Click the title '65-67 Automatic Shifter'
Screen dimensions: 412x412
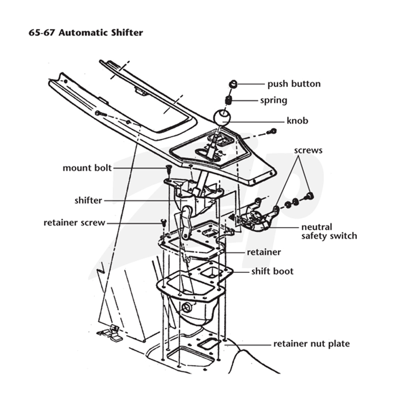point(85,33)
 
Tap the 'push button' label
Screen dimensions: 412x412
point(294,84)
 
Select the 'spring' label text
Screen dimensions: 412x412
point(273,100)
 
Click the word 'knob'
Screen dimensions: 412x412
point(297,121)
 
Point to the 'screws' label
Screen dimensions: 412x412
point(308,150)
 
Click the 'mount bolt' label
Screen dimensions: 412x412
point(87,168)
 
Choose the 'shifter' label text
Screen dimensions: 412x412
point(88,200)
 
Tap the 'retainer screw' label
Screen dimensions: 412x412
point(74,223)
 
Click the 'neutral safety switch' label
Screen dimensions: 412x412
point(329,231)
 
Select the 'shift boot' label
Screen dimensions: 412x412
point(272,271)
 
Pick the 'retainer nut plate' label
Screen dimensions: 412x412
point(312,344)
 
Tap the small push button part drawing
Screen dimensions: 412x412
point(233,84)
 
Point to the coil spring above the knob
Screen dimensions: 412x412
point(228,100)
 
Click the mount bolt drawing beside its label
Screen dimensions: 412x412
point(168,169)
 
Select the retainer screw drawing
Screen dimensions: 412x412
point(164,223)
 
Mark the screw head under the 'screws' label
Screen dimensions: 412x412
point(309,196)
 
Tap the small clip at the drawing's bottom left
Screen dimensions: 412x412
point(110,333)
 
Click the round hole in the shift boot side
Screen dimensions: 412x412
point(187,307)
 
